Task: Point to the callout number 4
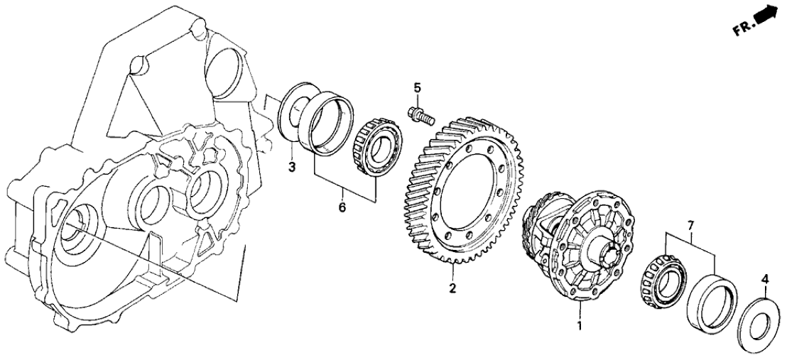click(x=764, y=280)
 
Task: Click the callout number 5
click(x=417, y=89)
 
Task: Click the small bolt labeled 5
click(x=420, y=114)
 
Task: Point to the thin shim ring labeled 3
click(x=293, y=114)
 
